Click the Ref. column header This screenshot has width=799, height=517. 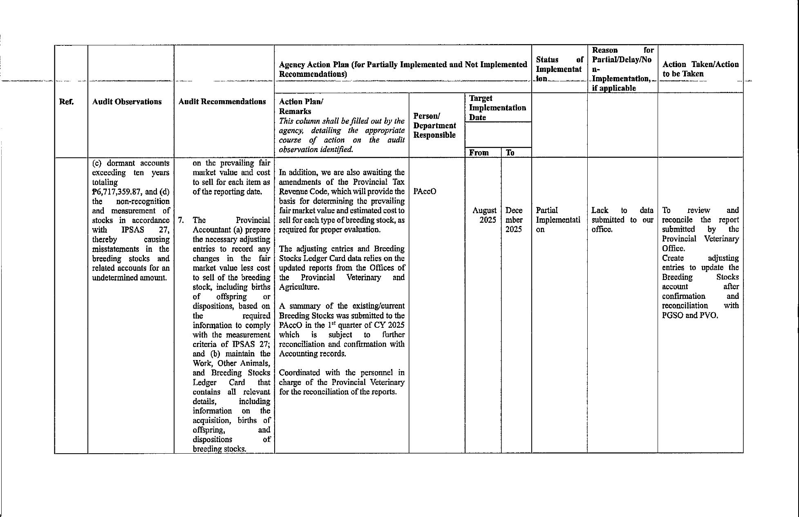(x=67, y=102)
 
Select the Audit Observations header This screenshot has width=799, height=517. (x=127, y=102)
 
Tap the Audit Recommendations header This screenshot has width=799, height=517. (x=222, y=102)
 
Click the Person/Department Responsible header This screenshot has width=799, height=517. (x=434, y=125)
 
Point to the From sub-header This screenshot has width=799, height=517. (x=479, y=153)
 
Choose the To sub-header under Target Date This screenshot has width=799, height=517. (x=510, y=153)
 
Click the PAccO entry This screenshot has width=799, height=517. (x=425, y=192)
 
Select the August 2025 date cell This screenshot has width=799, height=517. (x=484, y=215)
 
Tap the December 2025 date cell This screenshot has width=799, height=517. (x=514, y=220)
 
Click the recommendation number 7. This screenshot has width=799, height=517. (x=181, y=220)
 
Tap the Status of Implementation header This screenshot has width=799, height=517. (x=559, y=69)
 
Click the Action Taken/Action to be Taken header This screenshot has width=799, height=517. (x=700, y=69)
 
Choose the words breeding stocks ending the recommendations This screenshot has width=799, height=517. (x=219, y=449)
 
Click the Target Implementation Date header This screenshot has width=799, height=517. (x=497, y=108)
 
